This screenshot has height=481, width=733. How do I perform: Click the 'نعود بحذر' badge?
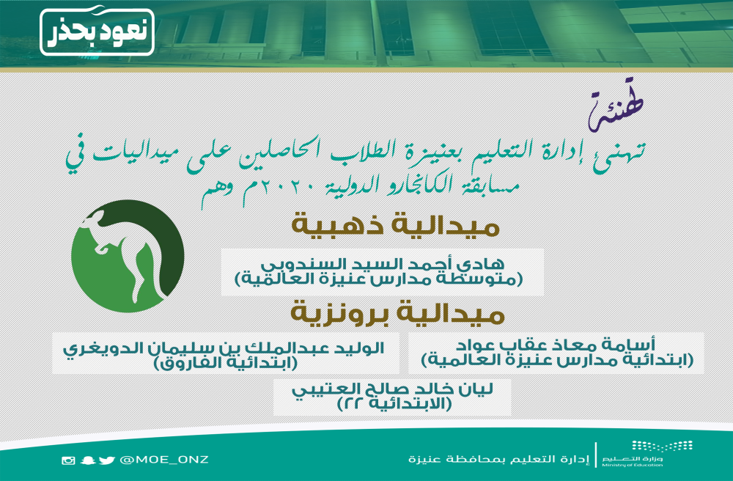(97, 32)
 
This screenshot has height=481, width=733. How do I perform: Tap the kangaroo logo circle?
(128, 256)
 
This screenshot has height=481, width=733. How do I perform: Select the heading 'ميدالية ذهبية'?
(396, 225)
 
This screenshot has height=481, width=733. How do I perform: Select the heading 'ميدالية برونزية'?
(398, 313)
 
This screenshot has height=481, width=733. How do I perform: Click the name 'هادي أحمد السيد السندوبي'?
(383, 264)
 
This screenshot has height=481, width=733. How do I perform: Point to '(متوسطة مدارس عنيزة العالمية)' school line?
(379, 279)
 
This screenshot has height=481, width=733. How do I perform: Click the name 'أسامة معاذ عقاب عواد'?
(556, 345)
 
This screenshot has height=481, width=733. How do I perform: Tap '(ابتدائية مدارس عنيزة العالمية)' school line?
(557, 360)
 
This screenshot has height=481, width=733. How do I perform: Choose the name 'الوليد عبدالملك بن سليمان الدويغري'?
(224, 348)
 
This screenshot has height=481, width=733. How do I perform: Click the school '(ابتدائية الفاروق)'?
(226, 363)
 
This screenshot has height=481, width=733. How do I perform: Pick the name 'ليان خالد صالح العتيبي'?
(392, 389)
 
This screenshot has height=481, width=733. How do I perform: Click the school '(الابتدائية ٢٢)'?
(394, 404)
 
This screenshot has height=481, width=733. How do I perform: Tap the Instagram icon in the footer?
(68, 460)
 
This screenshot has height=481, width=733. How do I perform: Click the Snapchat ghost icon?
(87, 460)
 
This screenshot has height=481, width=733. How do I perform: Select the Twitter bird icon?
(106, 460)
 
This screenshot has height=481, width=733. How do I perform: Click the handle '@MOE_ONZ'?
(164, 460)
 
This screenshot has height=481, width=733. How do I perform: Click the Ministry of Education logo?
(647, 453)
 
